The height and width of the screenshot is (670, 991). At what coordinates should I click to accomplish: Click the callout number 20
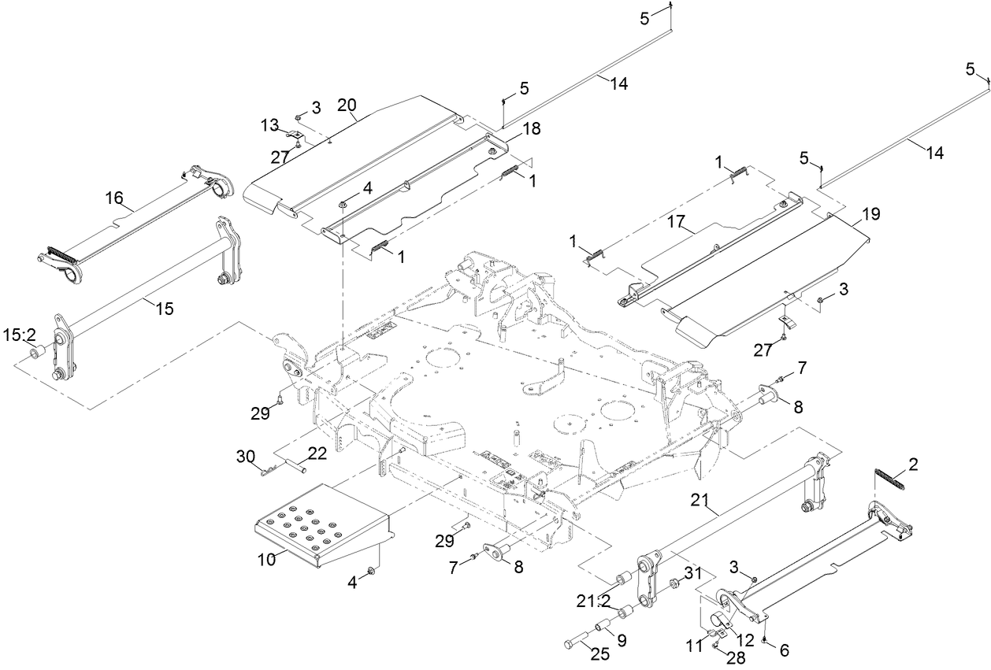[x=347, y=105]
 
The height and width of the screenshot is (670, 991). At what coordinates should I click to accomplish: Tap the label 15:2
[x=20, y=335]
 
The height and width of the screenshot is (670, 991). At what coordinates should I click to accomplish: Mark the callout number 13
[x=270, y=125]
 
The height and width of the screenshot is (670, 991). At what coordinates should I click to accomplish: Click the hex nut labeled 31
[x=674, y=584]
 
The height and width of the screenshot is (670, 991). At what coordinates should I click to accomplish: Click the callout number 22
[x=317, y=453]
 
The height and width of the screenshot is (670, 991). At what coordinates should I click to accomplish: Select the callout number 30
[x=246, y=456]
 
